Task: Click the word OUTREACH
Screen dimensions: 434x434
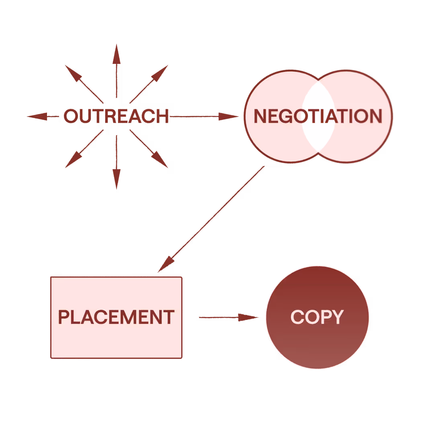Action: tap(116, 117)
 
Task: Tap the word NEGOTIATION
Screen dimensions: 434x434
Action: tap(318, 117)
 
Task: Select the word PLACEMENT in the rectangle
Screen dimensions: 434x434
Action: tap(116, 317)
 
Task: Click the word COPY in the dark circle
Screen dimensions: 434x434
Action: tap(317, 317)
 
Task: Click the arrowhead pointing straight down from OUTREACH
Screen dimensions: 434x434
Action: tap(117, 179)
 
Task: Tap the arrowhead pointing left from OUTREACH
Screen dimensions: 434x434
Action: tap(37, 117)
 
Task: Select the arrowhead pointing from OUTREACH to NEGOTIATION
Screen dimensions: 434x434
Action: tap(229, 117)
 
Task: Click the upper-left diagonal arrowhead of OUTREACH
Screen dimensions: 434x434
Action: tap(72, 72)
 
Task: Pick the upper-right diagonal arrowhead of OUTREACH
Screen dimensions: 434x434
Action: tap(160, 72)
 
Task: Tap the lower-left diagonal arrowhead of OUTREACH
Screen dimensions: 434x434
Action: tap(72, 161)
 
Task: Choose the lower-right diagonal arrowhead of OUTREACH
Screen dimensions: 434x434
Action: tap(160, 161)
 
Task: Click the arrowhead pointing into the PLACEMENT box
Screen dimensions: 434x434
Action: tap(166, 265)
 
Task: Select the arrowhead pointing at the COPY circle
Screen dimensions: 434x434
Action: tap(249, 317)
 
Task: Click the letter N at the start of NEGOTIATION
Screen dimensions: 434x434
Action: tap(260, 117)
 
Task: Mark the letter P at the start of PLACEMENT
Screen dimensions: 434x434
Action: tap(63, 317)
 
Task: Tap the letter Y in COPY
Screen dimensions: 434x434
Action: tap(337, 317)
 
